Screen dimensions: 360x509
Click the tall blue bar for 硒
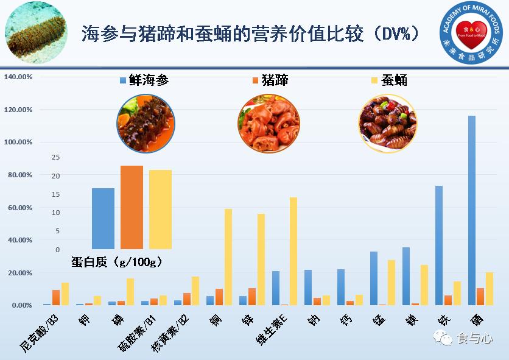click(x=472, y=210)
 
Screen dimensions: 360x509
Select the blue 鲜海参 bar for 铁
click(x=439, y=245)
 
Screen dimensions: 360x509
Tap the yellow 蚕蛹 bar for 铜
click(x=228, y=256)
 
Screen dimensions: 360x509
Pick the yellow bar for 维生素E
click(x=293, y=251)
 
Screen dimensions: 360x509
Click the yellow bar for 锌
click(x=261, y=259)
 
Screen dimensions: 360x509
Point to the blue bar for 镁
click(x=406, y=276)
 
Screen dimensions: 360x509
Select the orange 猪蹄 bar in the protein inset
click(x=132, y=207)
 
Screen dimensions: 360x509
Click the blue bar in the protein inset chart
click(x=103, y=219)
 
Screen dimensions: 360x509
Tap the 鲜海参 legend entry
click(x=145, y=80)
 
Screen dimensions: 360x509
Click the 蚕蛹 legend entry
click(x=389, y=80)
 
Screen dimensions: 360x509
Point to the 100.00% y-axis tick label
click(x=18, y=142)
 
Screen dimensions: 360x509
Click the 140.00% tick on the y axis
click(x=18, y=77)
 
